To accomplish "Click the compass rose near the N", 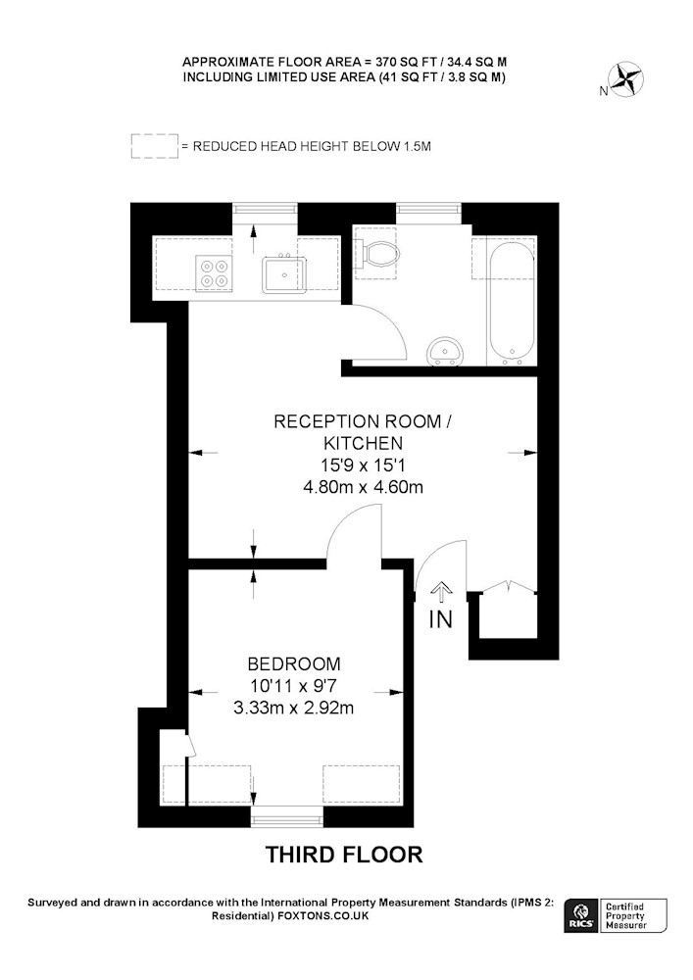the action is [x=626, y=79].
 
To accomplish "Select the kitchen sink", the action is [x=284, y=274].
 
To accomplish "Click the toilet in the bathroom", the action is [x=378, y=254].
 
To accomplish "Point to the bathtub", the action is [x=512, y=301].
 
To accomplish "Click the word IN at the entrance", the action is [x=440, y=618].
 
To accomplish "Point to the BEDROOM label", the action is [x=294, y=663].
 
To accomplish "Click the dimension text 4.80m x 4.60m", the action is [x=363, y=486].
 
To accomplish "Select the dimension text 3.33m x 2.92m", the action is [x=293, y=708].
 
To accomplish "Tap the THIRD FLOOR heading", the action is [x=344, y=854].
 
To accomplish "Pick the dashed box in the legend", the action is [x=154, y=146].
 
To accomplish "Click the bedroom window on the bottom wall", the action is [x=287, y=816].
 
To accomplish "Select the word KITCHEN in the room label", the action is [x=363, y=443].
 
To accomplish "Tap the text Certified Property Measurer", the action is [x=625, y=915].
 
